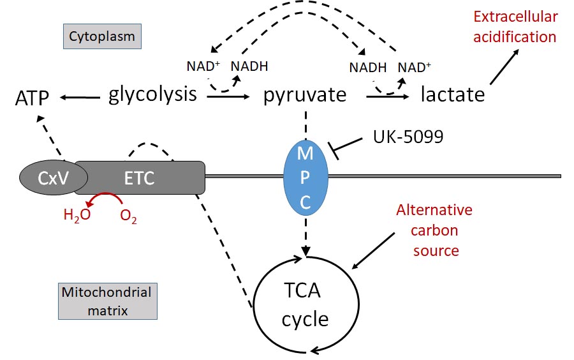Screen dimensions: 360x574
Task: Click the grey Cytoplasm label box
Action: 102,36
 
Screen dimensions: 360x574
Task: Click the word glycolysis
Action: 152,95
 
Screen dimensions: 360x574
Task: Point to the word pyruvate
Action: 305,96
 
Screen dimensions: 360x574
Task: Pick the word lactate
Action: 453,96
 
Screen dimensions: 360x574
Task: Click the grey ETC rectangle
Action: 140,177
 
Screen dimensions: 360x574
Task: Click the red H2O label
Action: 77,215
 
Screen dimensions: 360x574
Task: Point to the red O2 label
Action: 128,215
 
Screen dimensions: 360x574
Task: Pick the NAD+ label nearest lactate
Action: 414,66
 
